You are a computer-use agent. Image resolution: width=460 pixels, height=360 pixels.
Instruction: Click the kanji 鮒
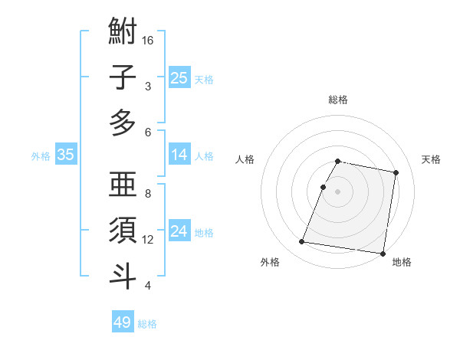point(123,34)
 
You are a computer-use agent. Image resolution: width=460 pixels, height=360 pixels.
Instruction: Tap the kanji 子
point(123,78)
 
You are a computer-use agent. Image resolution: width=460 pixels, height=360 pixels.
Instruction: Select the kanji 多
point(123,123)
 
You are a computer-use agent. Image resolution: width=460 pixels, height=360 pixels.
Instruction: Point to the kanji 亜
point(123,185)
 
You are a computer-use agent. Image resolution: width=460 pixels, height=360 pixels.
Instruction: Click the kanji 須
point(123,230)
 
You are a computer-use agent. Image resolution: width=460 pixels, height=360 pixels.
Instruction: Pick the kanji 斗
point(123,274)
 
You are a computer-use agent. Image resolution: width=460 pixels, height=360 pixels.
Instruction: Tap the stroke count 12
point(149,240)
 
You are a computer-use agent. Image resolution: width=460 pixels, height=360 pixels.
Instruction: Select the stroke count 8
point(148,194)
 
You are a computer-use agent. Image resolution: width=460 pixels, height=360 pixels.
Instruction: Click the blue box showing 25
point(179,77)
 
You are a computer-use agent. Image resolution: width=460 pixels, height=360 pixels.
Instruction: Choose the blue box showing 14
point(179,155)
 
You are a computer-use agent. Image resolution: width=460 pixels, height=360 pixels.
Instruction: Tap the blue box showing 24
point(179,231)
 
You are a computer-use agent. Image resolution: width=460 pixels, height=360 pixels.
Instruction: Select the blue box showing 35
point(65,155)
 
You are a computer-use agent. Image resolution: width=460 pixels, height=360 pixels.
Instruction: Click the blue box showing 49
point(122,322)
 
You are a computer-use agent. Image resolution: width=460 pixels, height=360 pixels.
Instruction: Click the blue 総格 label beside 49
point(147,324)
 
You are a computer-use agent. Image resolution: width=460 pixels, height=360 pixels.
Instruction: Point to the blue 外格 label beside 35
point(41,156)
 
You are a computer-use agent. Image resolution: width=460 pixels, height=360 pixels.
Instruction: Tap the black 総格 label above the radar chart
point(337,100)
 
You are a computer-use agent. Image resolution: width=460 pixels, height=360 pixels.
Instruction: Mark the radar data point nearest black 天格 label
point(396,173)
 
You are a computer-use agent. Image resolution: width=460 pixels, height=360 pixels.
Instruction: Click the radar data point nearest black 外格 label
point(302,242)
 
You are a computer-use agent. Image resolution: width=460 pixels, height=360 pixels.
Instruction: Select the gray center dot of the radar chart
point(337,191)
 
